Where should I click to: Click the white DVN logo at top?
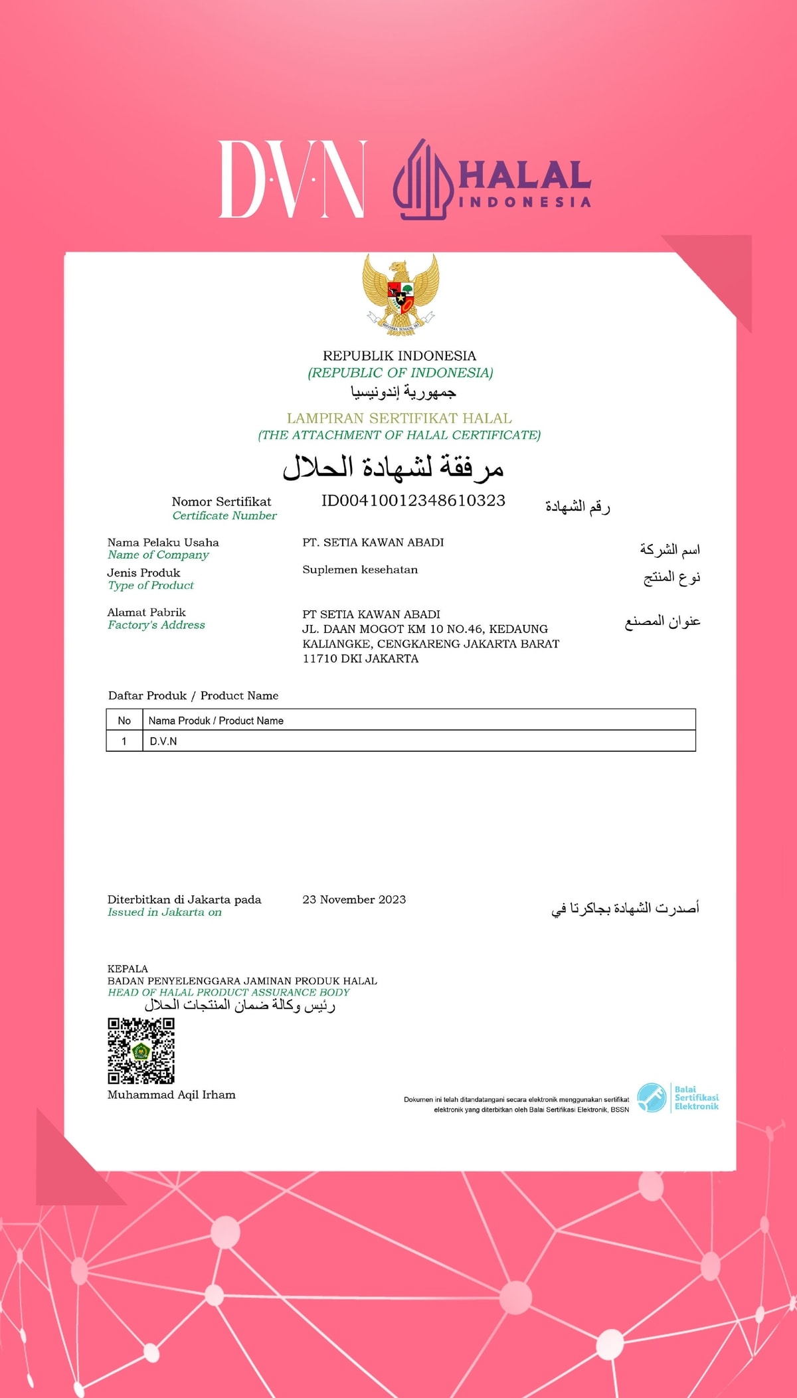[292, 179]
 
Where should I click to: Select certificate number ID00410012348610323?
[413, 501]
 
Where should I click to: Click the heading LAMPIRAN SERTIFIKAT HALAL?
[399, 418]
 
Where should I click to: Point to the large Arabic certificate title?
[393, 468]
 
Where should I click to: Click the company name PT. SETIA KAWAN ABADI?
[373, 543]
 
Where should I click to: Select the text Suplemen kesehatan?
[360, 570]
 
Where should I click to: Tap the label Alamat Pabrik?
[146, 612]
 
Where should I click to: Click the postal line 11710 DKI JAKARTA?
[360, 659]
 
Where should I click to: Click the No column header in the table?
[124, 721]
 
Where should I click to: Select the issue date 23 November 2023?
[354, 900]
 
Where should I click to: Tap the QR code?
[141, 1051]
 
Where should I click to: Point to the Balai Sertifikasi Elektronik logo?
[677, 1098]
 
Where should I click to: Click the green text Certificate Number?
[224, 516]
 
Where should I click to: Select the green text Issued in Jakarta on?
[165, 913]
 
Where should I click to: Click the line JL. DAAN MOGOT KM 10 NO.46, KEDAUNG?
[425, 629]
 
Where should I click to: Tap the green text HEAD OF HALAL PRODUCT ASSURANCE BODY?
[228, 992]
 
